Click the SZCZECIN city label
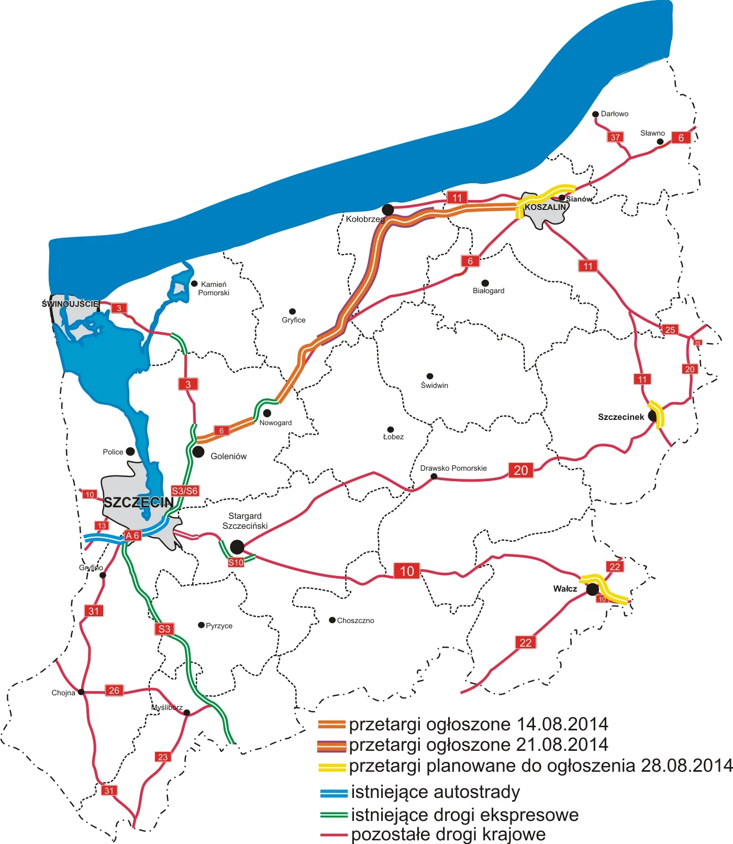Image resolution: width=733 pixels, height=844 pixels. coord(138,503)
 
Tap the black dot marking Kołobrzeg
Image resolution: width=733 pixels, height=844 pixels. coord(387,210)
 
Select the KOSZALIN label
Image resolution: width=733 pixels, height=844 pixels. coord(545,207)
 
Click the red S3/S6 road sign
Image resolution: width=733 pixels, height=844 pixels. coord(185,491)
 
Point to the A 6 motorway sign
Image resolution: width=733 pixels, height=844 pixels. coord(132,536)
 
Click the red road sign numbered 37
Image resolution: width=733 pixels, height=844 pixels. coord(615,137)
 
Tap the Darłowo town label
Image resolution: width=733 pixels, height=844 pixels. coord(615,114)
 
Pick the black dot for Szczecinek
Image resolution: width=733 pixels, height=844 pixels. coord(652,416)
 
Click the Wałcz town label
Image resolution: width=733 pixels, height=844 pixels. coord(565,589)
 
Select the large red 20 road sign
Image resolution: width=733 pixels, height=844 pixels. coord(521,470)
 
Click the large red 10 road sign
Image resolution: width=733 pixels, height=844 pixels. coord(407,571)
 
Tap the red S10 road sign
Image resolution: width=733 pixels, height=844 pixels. coord(236,562)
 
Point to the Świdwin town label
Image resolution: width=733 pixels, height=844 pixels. coord(435,385)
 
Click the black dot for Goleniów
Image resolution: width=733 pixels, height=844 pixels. coord(198,451)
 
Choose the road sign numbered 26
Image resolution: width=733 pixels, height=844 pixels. coord(114,690)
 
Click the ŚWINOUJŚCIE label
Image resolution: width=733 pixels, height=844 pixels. coord(70,304)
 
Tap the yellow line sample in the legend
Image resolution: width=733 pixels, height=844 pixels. coord(332,768)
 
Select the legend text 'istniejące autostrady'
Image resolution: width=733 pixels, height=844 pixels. coord(436,792)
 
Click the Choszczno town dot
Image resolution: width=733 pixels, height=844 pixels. coord(332,620)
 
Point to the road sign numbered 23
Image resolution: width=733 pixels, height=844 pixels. coord(163,757)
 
